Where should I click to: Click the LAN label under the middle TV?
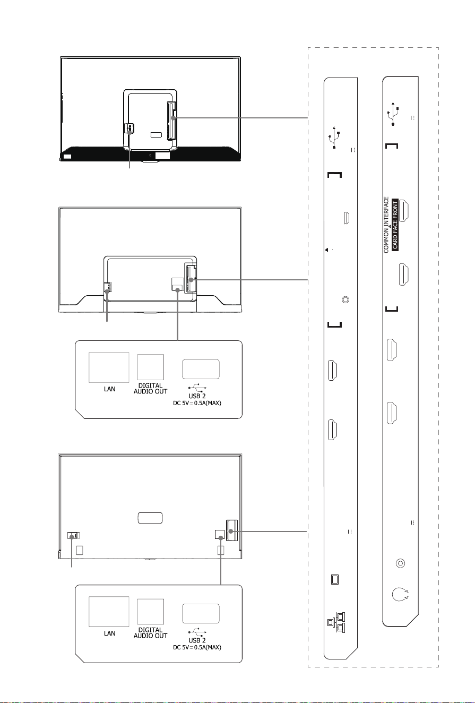coord(109,389)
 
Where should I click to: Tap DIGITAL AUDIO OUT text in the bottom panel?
coord(150,633)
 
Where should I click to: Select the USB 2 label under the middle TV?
coord(197,396)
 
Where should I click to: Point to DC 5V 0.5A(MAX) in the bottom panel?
coord(197,647)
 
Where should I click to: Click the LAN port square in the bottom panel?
coord(109,611)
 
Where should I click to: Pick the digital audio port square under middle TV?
coord(150,367)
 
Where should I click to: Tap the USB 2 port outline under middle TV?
coord(201,369)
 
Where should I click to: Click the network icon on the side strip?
coord(336,622)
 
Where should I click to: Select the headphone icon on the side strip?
coord(400,594)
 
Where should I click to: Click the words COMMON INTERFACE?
coord(386,225)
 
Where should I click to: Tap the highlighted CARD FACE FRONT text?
coord(395,225)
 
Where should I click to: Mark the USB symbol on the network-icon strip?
coord(334,137)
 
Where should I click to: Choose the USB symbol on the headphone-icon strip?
coord(393,114)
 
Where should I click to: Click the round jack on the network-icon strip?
coord(346,299)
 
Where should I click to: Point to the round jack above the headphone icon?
coord(400,563)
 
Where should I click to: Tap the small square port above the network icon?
coord(335,579)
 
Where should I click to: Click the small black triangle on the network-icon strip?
coord(326,250)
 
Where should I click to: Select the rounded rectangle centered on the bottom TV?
coord(150,518)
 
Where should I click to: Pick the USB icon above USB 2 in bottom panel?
coord(197,632)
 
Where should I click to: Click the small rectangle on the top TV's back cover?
coord(156,135)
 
